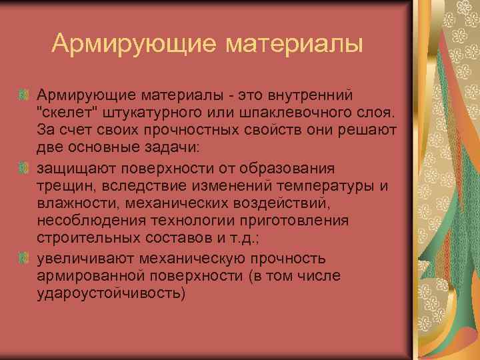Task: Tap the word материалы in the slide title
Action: tap(293, 45)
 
